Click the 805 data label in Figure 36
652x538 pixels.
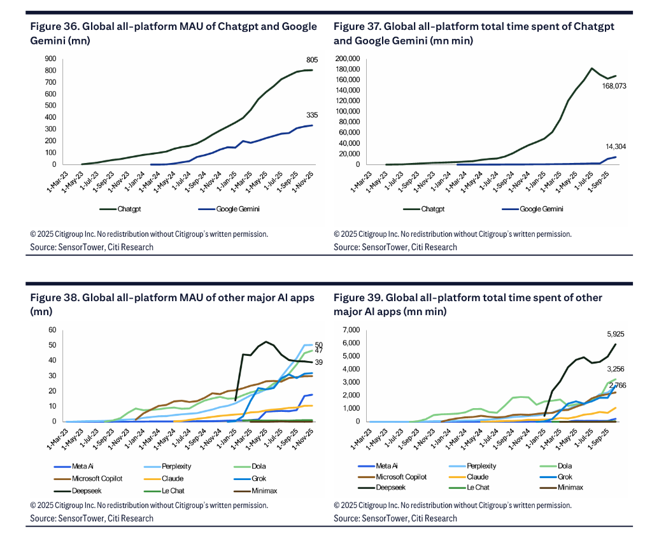point(312,60)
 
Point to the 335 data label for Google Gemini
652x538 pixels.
point(312,115)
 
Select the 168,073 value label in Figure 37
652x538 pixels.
point(614,85)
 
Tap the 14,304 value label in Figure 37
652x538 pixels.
point(616,147)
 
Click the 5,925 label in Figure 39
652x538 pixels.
point(615,334)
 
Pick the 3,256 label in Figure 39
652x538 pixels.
point(615,369)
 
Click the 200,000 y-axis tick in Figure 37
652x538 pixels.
point(346,59)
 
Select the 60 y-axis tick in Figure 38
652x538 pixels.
point(53,330)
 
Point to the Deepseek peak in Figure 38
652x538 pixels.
point(266,341)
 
